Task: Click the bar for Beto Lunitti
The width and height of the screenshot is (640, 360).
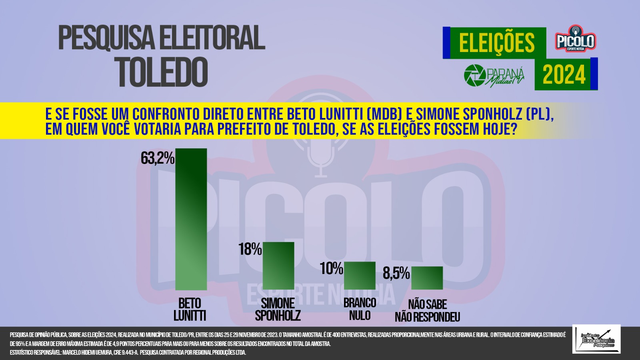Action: (191, 219)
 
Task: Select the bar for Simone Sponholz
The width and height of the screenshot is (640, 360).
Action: (278, 266)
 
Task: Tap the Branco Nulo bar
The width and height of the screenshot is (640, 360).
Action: (360, 276)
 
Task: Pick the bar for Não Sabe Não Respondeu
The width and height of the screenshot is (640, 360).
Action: (427, 278)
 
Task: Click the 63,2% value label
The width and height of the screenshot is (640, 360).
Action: (158, 158)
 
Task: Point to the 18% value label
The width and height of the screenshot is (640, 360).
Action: (250, 249)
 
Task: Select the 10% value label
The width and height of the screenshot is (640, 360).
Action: (332, 268)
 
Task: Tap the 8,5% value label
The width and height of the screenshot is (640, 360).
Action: (396, 273)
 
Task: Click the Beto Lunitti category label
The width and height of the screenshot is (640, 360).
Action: (190, 310)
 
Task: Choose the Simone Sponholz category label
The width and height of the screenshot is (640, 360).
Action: (278, 310)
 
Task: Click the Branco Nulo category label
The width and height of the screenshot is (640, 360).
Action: (360, 309)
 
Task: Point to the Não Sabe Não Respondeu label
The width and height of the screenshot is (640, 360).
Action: (428, 310)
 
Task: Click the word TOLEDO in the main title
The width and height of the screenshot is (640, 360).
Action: (163, 72)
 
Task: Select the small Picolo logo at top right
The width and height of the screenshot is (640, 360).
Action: (576, 39)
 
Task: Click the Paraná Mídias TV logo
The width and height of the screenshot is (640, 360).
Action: (494, 76)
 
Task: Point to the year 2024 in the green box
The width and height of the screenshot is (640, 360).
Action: (564, 74)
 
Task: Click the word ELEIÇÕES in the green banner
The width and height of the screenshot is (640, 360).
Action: (497, 42)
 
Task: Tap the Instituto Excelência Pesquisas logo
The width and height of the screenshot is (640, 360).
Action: (596, 339)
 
